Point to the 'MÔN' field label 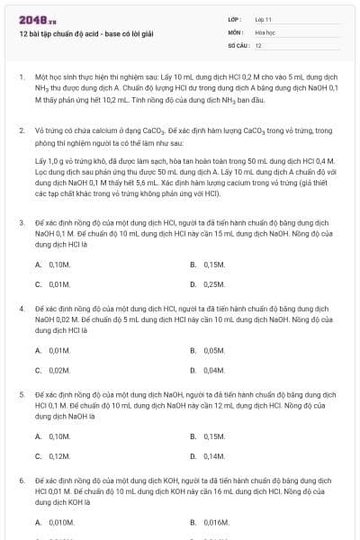click(x=236, y=31)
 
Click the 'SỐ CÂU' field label click(x=238, y=44)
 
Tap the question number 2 click(x=22, y=130)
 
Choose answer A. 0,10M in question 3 click(x=53, y=265)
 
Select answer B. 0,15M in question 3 click(x=207, y=265)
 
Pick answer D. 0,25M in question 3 click(x=207, y=284)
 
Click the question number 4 click(x=22, y=309)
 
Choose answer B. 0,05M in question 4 click(x=207, y=351)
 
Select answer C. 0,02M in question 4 click(x=53, y=371)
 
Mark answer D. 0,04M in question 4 click(x=207, y=371)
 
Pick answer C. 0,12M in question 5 click(x=53, y=456)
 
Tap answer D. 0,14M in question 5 click(x=207, y=456)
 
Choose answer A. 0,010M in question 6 click(x=55, y=522)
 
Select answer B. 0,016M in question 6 click(x=209, y=522)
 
